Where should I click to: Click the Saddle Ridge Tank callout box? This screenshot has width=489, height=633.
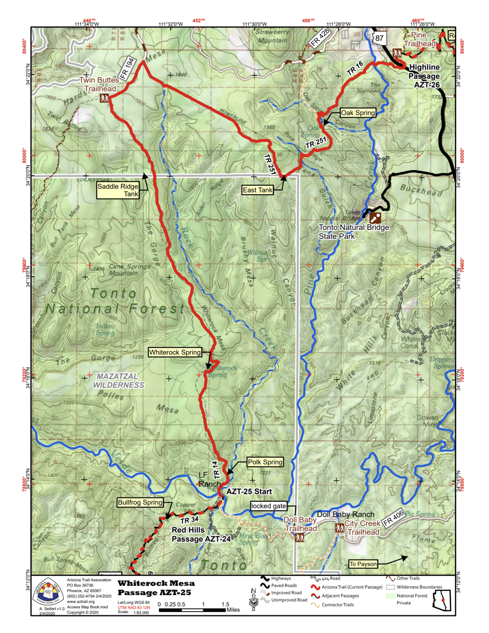point(118,190)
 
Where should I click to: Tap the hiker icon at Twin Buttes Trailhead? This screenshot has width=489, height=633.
point(104,98)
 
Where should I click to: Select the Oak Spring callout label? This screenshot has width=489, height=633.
point(358,113)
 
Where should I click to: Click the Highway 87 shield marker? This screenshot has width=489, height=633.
point(379,38)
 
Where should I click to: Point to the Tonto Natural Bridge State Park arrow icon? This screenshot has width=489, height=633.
point(375,217)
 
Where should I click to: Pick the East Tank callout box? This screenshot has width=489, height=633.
point(257,190)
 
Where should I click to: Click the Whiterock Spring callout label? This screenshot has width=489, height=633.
point(175,352)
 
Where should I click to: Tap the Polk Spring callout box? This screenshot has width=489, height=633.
point(265,462)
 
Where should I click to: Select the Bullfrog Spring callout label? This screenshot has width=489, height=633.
point(140,502)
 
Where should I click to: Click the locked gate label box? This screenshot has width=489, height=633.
point(269,506)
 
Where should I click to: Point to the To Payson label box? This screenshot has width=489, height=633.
point(363,564)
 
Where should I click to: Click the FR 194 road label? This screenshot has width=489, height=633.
point(127,68)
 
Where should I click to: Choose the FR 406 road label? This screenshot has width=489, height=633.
point(393,517)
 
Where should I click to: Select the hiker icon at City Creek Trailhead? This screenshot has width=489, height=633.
point(339,528)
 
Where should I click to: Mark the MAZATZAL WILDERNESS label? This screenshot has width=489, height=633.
point(118,380)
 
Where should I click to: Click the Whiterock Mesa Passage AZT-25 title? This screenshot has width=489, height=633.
point(156,588)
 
